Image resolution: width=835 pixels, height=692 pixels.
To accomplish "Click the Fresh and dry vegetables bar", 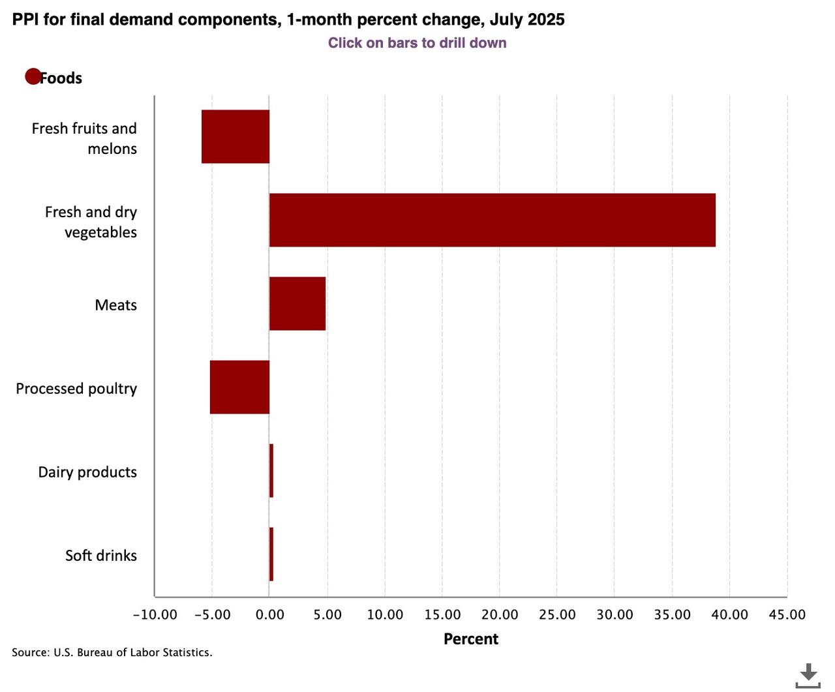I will (x=492, y=220).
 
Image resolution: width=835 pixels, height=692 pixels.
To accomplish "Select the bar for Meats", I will (x=297, y=303).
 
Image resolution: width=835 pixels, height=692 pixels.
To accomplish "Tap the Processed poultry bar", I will (x=239, y=387).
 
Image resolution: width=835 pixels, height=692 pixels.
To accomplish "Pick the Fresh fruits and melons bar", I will (x=235, y=136).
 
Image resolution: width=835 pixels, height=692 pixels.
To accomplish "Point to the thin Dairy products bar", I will (x=271, y=470).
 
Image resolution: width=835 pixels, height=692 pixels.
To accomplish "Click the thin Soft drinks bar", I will (x=271, y=554).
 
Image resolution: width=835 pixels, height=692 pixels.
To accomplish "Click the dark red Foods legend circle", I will (x=33, y=77).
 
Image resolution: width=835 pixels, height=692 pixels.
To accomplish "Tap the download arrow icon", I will (x=808, y=675).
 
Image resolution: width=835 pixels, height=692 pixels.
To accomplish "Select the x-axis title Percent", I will (x=470, y=639).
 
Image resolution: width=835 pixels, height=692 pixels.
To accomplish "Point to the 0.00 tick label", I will (x=269, y=614).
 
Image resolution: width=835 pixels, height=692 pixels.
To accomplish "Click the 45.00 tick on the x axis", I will (x=787, y=614).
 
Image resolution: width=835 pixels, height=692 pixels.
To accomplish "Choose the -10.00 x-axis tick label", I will (x=155, y=614).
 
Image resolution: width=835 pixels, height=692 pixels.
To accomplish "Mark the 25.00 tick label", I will (x=557, y=614).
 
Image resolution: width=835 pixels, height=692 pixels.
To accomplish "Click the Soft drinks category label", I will (x=101, y=555).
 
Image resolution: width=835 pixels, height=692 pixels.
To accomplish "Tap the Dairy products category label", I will (x=87, y=472).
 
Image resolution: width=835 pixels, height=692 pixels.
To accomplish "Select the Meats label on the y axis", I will (x=115, y=305).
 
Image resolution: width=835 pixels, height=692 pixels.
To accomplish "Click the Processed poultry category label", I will (x=76, y=388).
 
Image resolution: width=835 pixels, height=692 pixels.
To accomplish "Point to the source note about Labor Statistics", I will (x=112, y=652).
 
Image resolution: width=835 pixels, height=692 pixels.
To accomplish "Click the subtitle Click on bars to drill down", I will (x=417, y=43).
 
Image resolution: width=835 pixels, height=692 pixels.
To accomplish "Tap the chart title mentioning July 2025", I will (x=288, y=20).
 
